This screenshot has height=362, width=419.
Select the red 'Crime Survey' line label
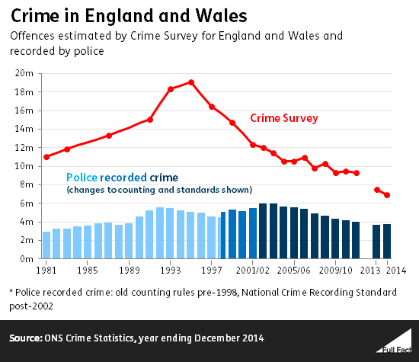[284, 118]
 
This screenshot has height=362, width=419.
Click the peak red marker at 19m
[191, 82]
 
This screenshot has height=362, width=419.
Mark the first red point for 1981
[46, 157]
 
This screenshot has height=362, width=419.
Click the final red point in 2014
[387, 195]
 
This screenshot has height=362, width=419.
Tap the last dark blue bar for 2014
[387, 242]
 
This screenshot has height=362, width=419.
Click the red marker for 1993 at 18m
[171, 89]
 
